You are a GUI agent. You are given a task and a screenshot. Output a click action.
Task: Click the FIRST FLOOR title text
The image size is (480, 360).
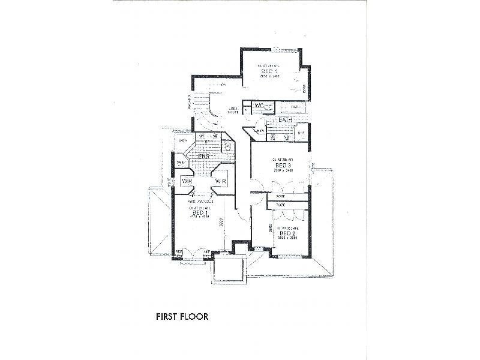(x=181, y=316)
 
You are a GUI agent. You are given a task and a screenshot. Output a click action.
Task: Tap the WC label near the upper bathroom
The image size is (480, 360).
(x=259, y=106)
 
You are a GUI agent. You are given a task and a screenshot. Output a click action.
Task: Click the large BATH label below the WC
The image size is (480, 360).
(x=284, y=121)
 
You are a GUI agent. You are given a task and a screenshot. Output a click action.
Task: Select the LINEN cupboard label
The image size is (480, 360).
(x=259, y=131)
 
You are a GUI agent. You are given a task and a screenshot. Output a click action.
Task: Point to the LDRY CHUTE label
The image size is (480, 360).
(x=234, y=110)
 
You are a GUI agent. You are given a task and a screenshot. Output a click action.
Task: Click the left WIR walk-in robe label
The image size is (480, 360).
(x=186, y=181)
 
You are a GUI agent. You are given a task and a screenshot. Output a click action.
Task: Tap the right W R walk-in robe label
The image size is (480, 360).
(x=220, y=181)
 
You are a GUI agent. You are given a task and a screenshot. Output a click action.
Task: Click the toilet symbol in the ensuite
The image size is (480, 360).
(x=229, y=145)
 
